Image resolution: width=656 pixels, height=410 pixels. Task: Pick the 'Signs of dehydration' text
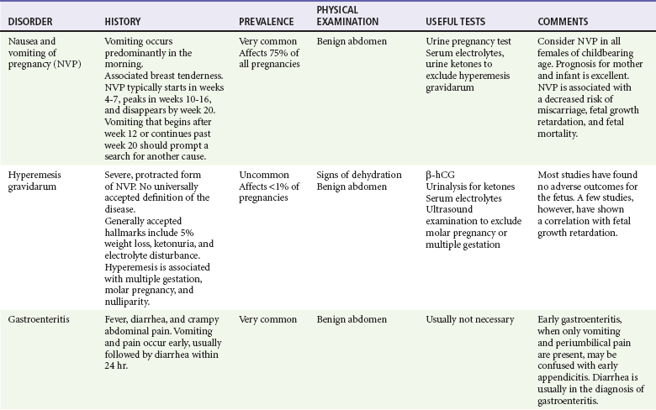click(359, 175)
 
